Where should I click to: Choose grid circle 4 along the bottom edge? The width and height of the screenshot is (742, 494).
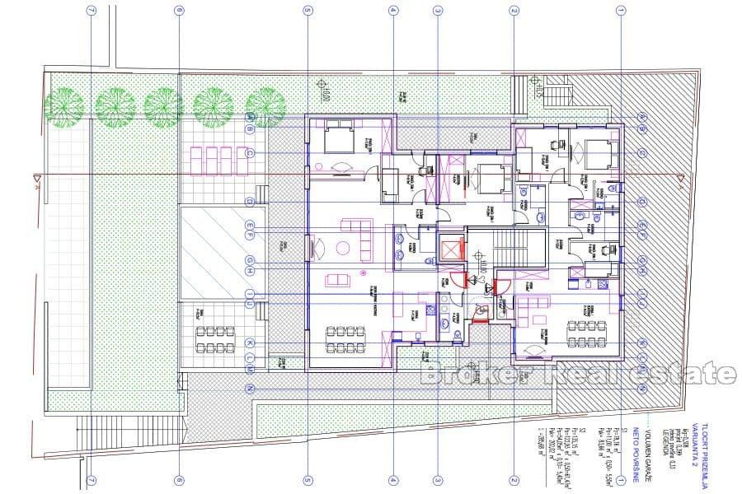coord(393,481)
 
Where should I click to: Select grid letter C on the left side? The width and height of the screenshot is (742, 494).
coord(250,154)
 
